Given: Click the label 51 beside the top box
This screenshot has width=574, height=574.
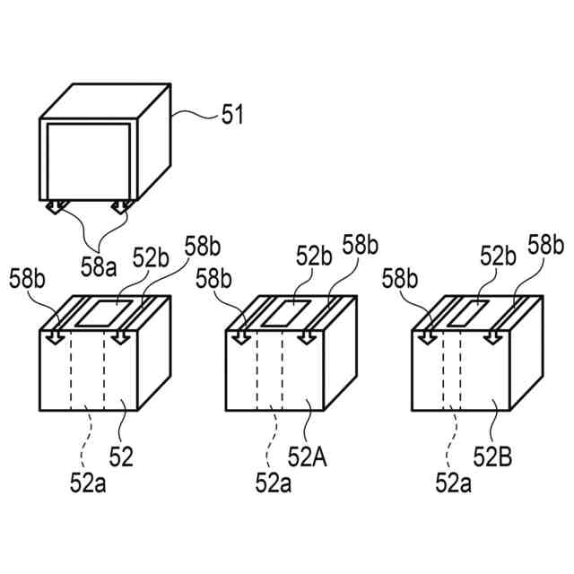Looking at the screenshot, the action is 232,114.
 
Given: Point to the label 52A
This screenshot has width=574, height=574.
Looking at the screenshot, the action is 308,458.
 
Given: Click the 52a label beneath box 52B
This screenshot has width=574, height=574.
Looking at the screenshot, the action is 454,484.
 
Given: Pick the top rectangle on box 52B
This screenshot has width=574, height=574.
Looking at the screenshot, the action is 470,313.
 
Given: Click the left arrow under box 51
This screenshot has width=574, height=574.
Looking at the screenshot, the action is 55,210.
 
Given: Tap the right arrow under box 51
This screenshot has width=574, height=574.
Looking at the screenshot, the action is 119,210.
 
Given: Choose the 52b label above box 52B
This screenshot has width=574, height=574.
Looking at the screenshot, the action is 498,257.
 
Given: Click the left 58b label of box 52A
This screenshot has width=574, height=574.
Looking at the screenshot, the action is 215,279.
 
